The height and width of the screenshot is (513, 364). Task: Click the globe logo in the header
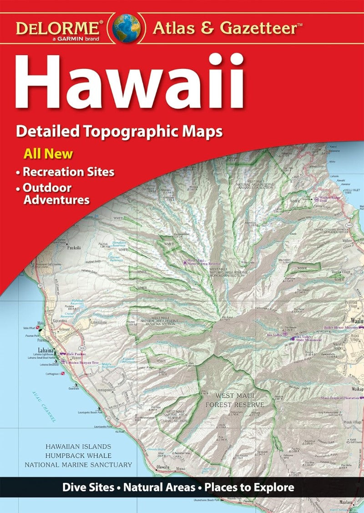pyautogui.click(x=126, y=27)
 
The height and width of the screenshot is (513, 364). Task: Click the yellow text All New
pyautogui.click(x=48, y=153)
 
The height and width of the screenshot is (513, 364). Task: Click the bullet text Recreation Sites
pyautogui.click(x=68, y=172)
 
